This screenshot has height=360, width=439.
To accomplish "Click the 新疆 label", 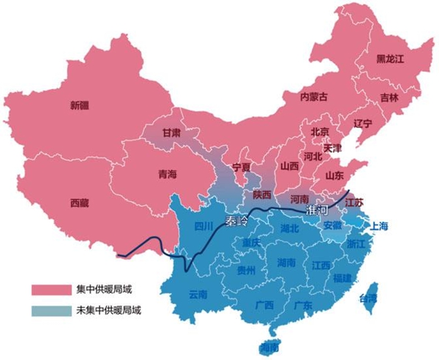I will point(80,105).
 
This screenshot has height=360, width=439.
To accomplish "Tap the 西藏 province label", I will point(80,203).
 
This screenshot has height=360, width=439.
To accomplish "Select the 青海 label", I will point(168,175).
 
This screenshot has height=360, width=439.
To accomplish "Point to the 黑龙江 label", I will point(390,58).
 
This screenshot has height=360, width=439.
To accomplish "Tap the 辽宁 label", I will point(363,123).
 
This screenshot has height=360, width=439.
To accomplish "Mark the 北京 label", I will point(320,132).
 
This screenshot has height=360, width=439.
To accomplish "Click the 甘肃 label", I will point(172,132).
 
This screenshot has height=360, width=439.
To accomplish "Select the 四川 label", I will point(203,226).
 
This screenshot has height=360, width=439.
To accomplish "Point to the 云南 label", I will point(198,295).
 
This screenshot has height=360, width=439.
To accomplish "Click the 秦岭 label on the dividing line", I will point(236,220).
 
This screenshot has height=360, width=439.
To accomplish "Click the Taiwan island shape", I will point(372,296).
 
